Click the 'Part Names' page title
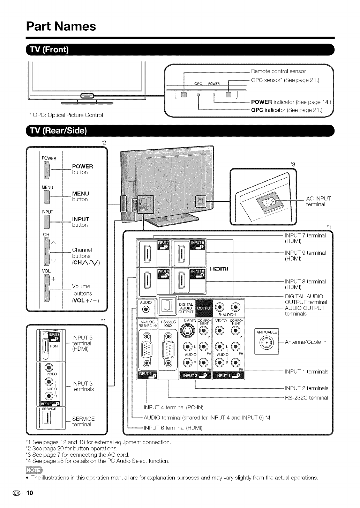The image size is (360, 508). click(x=61, y=26)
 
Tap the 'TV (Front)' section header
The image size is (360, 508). click(x=51, y=50)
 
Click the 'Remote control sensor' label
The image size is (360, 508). click(x=278, y=71)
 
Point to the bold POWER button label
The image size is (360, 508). click(x=82, y=166)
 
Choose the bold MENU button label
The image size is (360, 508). click(x=80, y=193)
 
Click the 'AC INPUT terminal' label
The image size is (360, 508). click(x=318, y=202)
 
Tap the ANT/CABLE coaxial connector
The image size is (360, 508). click(x=267, y=342)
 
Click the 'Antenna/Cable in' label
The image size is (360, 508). click(x=306, y=342)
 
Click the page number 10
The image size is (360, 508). click(x=29, y=493)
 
